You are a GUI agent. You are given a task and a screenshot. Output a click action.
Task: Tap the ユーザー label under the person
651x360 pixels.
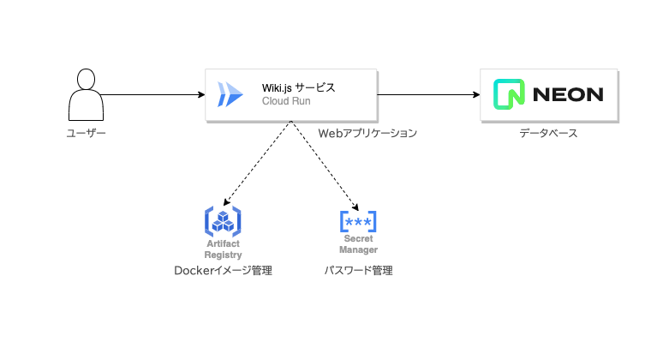coord(87,134)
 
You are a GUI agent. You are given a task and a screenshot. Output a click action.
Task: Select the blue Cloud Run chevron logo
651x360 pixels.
coord(230,94)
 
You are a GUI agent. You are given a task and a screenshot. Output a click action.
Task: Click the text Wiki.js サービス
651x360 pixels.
coord(299,87)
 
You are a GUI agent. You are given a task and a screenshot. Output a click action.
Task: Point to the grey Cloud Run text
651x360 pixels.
coord(286,101)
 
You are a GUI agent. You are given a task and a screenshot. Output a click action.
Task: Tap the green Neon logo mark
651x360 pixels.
coord(509,94)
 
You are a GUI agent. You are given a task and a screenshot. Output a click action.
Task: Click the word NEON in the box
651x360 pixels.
coord(568,94)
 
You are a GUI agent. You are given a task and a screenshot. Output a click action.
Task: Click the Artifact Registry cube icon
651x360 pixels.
coord(223,222)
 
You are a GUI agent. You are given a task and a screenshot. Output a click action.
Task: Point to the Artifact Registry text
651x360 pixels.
coord(223,249)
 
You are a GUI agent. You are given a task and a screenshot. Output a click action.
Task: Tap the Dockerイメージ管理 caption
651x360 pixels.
coord(223,271)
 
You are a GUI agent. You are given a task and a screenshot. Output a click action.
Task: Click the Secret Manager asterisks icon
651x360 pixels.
coord(358,222)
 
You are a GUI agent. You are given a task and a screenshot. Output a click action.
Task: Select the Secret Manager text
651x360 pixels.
coord(358,244)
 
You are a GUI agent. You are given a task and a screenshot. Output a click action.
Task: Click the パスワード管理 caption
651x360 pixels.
coord(358,271)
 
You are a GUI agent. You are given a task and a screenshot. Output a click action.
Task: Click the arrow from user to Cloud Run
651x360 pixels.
coord(154,94)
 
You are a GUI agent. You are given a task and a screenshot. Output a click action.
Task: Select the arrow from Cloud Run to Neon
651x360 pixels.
coord(428,94)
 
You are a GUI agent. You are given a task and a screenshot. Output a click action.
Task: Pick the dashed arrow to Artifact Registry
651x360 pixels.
coord(257,164)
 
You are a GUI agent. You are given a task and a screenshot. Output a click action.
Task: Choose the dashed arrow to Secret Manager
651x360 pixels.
coord(324,164)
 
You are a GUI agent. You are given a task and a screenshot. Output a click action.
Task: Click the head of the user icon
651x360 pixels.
coord(87,78)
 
